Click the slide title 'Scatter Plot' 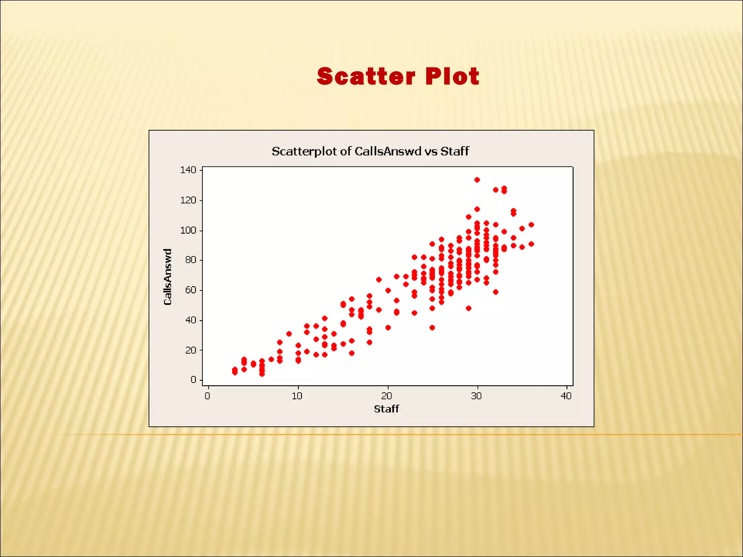(x=398, y=77)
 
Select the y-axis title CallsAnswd (x=168, y=277)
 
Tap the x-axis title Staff (x=386, y=409)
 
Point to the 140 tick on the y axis (x=188, y=170)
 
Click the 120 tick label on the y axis (x=188, y=200)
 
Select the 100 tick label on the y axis (x=188, y=230)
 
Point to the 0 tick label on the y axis (x=193, y=380)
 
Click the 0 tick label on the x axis (x=208, y=396)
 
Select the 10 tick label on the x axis (x=297, y=396)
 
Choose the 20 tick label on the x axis (x=387, y=396)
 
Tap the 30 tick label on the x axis (x=476, y=396)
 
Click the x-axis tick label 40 (x=566, y=396)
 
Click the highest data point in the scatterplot (x=477, y=180)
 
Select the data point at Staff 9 (x=289, y=334)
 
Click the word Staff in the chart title (x=455, y=151)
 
